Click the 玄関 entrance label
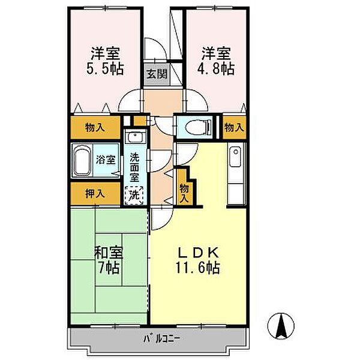click(x=157, y=74)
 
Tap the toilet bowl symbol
click(x=198, y=128)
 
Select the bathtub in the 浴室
click(x=81, y=161)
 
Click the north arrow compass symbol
click(x=281, y=326)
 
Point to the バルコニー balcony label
click(x=162, y=338)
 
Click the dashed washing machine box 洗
click(x=134, y=196)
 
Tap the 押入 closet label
click(x=95, y=193)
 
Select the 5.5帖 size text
click(x=105, y=68)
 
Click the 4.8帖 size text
click(x=216, y=68)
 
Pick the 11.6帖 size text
click(x=197, y=267)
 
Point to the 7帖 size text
click(x=109, y=267)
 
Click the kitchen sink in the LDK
click(x=235, y=157)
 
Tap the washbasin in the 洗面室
click(x=136, y=137)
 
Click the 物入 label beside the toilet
click(x=234, y=127)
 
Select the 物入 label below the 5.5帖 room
click(x=95, y=127)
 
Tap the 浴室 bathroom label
click(x=106, y=160)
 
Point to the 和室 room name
click(x=109, y=253)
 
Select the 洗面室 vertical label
click(x=134, y=167)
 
